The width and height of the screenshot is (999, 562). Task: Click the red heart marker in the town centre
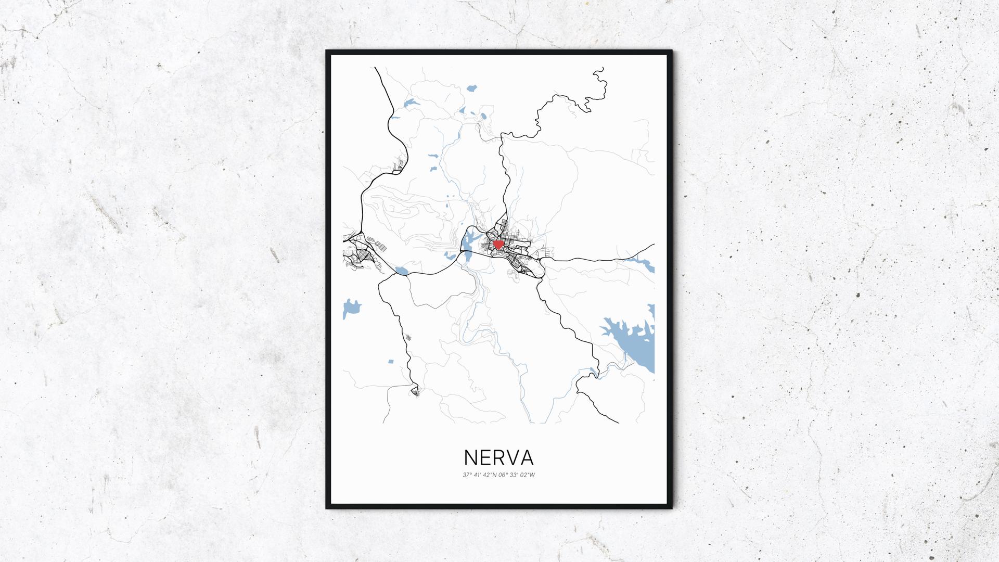(x=498, y=244)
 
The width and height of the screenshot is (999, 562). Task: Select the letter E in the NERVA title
(x=487, y=457)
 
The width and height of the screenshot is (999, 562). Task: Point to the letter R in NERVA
(x=501, y=457)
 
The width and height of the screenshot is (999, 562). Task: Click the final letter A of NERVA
(x=527, y=457)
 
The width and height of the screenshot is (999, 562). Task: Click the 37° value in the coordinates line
(x=467, y=475)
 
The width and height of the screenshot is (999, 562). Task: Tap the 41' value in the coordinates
(x=477, y=475)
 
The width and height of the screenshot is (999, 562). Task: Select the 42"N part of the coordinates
(x=490, y=475)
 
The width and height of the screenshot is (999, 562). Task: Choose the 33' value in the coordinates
(x=515, y=475)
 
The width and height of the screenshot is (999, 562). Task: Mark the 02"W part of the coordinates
(x=528, y=475)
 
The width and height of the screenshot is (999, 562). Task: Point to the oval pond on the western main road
(x=401, y=271)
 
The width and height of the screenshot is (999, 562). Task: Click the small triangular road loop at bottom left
(x=415, y=390)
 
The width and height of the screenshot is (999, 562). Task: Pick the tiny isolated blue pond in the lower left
(x=390, y=360)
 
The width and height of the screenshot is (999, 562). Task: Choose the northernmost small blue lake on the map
(x=472, y=88)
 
